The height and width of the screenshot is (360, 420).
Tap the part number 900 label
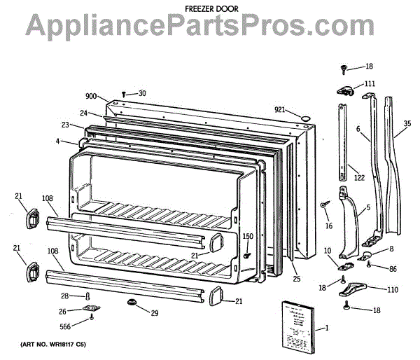92,97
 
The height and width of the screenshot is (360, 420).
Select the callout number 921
281,109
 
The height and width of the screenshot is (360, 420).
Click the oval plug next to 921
303,116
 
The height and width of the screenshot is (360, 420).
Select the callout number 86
393,268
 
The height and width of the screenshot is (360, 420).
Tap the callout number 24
83,113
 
